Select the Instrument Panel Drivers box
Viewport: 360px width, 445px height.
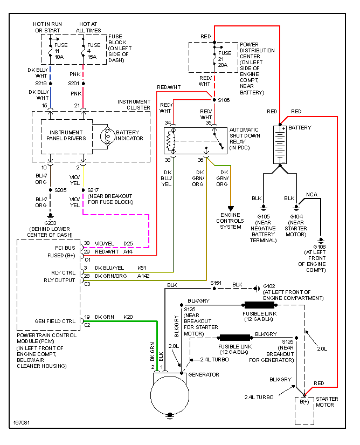click(x=66, y=135)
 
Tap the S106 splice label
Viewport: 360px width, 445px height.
click(x=224, y=100)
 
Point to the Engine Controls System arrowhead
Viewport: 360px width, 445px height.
click(x=231, y=208)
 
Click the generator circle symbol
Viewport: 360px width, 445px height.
click(x=170, y=395)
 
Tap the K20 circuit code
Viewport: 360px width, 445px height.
click(x=128, y=317)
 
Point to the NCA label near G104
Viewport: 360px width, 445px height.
click(x=311, y=194)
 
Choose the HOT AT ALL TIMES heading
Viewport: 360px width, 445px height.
click(x=89, y=28)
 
